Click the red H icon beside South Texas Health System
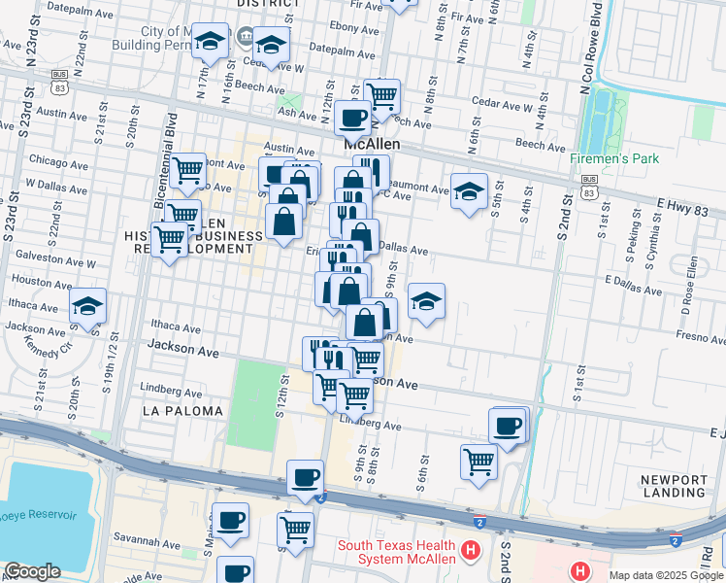tap(471, 551)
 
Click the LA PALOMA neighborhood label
tap(182, 411)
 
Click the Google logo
tap(32, 571)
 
